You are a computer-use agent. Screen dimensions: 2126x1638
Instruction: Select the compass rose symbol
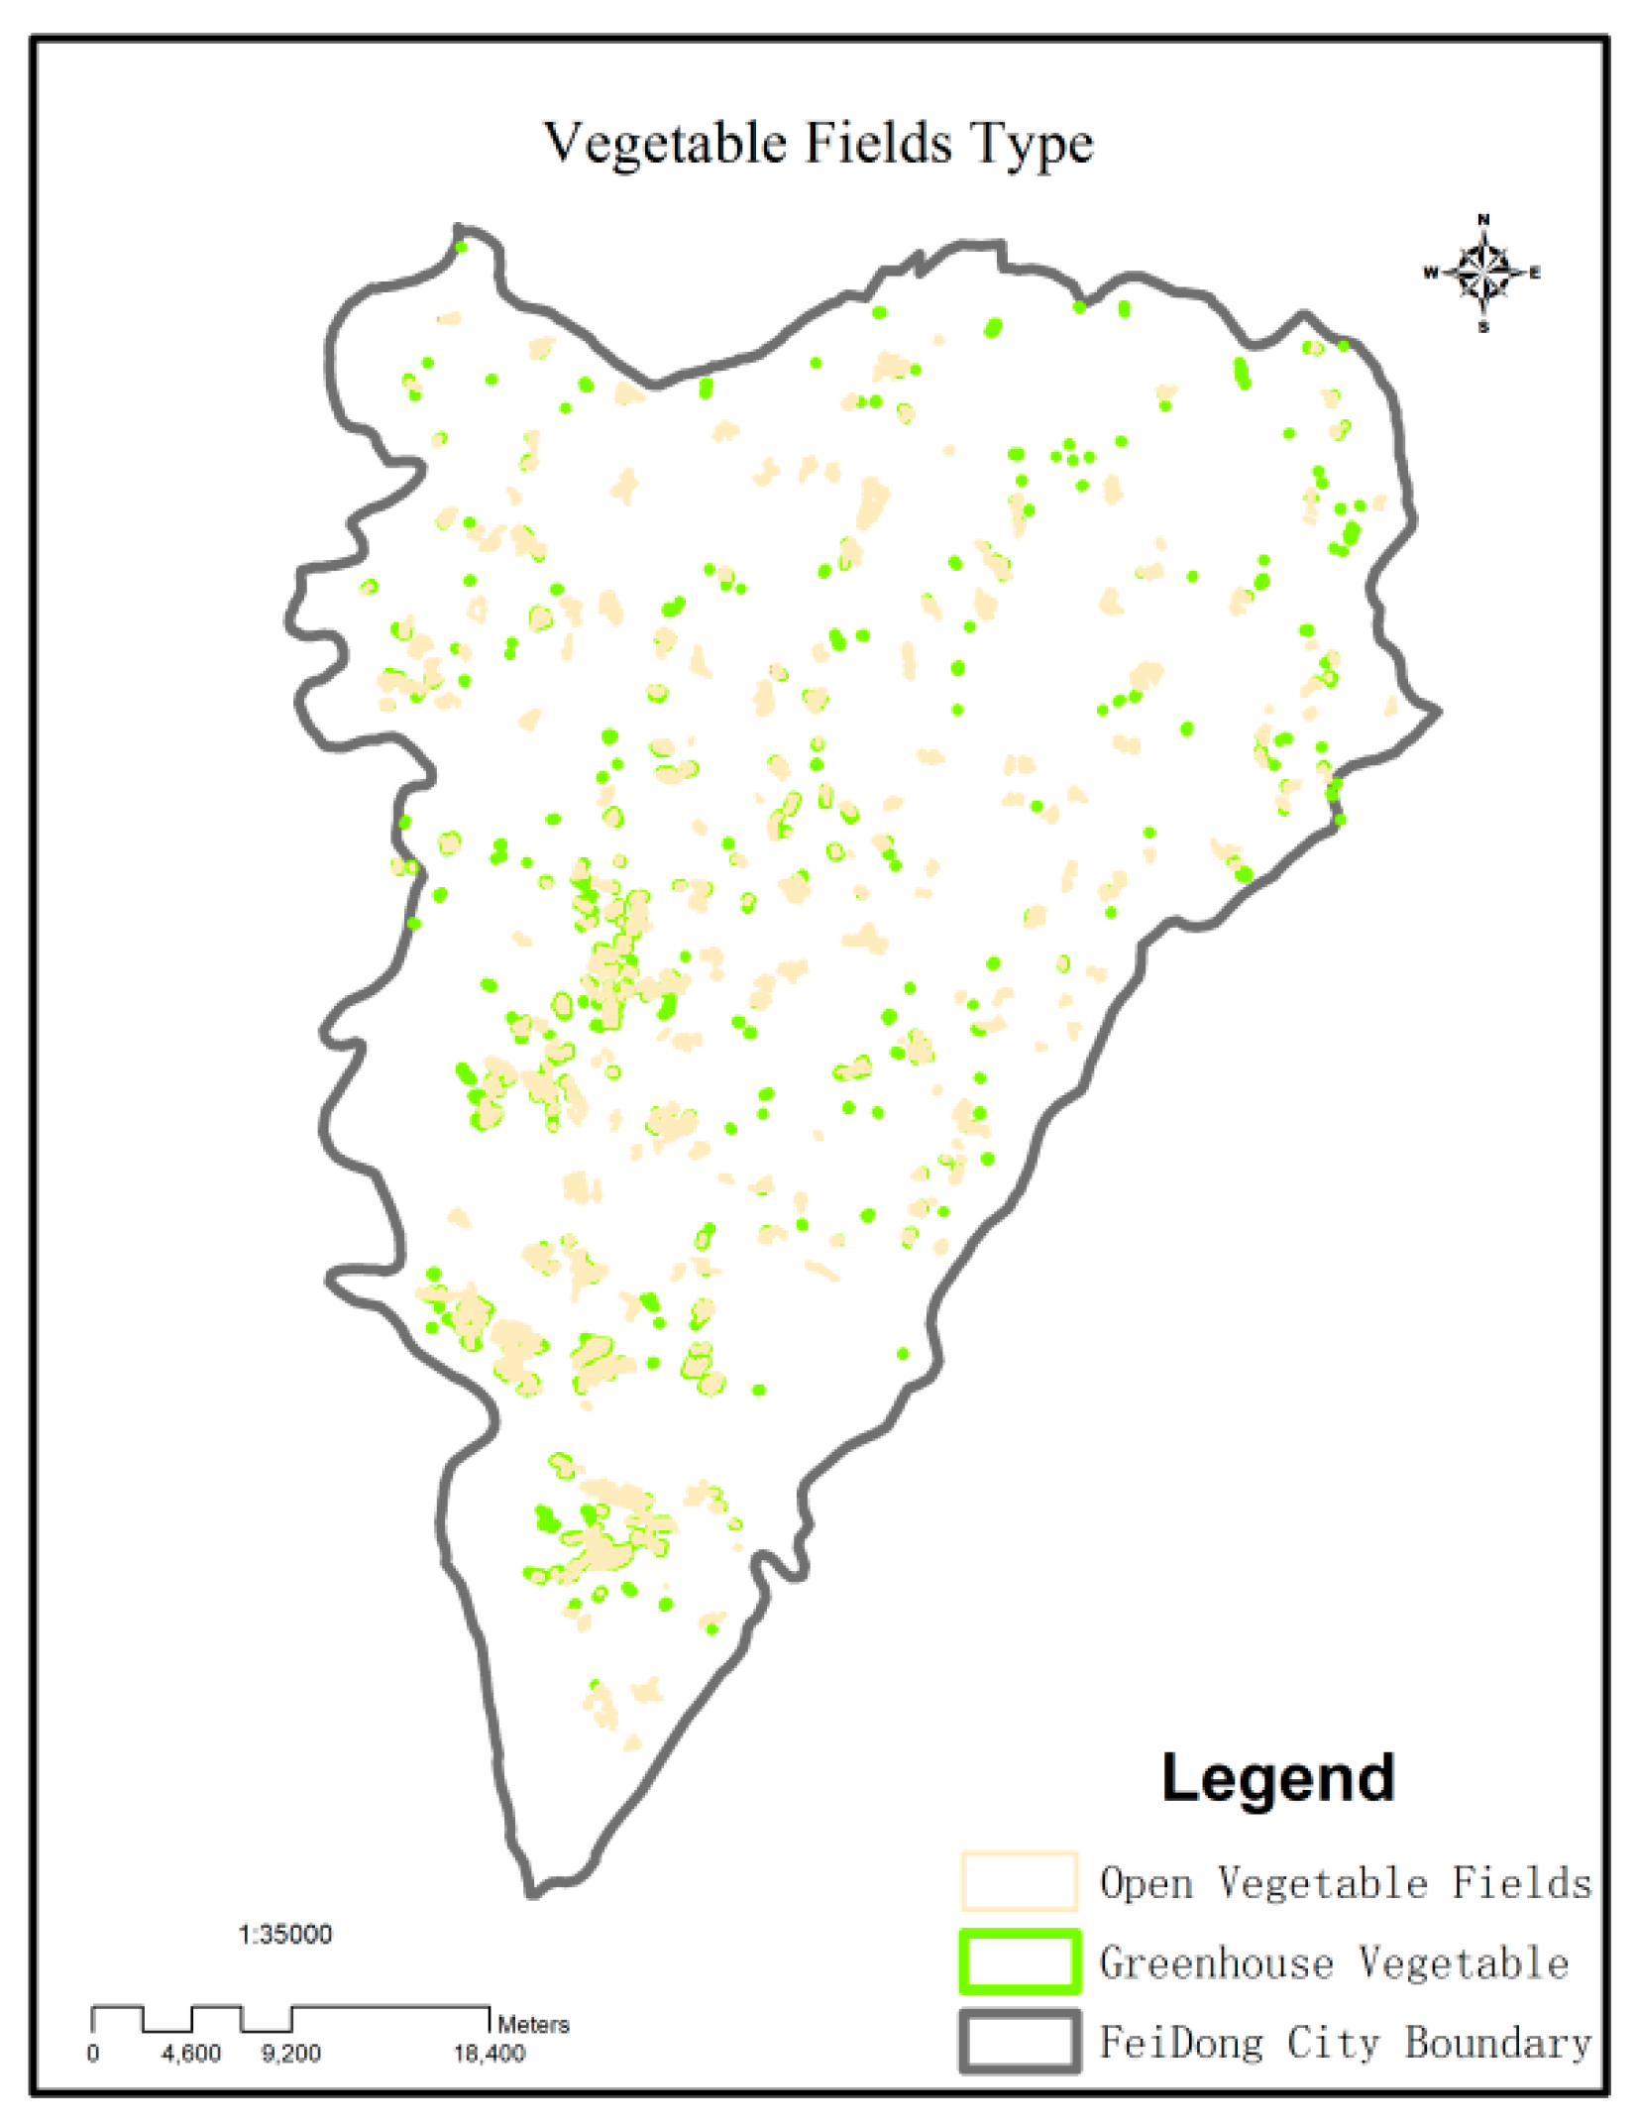click(1482, 272)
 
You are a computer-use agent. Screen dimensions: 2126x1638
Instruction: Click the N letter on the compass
click(1483, 219)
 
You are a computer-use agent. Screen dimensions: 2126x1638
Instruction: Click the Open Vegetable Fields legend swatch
click(1018, 1880)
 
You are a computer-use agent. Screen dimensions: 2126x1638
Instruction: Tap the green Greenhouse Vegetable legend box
click(1018, 1961)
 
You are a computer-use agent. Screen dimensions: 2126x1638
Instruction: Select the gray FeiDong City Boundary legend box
click(1018, 2041)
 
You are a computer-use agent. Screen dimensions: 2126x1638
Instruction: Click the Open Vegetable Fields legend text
click(1345, 1882)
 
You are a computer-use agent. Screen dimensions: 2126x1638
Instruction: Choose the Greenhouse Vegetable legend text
click(1334, 1962)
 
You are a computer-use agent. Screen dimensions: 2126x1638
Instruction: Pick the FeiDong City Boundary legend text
click(1345, 2043)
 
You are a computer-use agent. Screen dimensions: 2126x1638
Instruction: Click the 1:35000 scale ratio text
click(285, 1934)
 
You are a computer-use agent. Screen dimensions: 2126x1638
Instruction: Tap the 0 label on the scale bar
click(93, 2053)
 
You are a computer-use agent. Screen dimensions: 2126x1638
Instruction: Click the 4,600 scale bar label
click(191, 2053)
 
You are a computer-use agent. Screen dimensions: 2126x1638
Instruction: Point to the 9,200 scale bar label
click(290, 2053)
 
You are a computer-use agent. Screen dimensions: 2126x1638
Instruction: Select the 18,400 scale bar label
click(489, 2053)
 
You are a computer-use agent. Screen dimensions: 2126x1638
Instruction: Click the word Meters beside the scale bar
click(533, 2024)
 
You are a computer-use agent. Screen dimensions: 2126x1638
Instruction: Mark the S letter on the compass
click(1483, 327)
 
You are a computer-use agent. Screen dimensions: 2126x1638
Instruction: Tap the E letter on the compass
click(1535, 273)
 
